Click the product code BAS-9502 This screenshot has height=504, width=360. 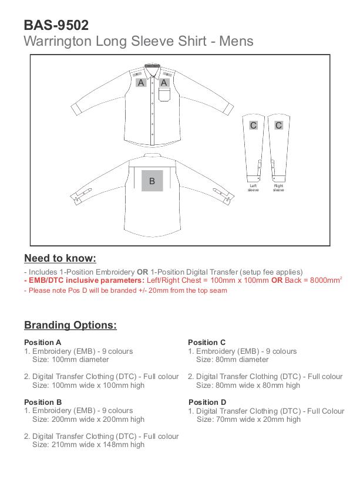click(56, 25)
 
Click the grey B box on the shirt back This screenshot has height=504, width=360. click(152, 181)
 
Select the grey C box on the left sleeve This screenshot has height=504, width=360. click(253, 125)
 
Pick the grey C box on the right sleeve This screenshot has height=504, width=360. click(278, 125)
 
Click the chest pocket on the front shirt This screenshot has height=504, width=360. click(164, 94)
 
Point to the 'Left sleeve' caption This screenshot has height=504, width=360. click(253, 188)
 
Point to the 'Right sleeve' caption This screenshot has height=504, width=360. click(278, 188)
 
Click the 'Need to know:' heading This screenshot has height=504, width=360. click(60, 259)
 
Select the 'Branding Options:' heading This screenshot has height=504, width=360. click(70, 325)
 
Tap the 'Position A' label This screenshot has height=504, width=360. click(42, 342)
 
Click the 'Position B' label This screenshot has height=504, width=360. click(43, 402)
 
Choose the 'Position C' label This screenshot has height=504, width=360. click(207, 342)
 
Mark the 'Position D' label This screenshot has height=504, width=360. click(207, 402)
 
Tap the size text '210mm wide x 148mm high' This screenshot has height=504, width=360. click(88, 445)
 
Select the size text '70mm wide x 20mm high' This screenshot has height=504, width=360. click(248, 420)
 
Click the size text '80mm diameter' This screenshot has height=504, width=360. click(232, 360)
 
